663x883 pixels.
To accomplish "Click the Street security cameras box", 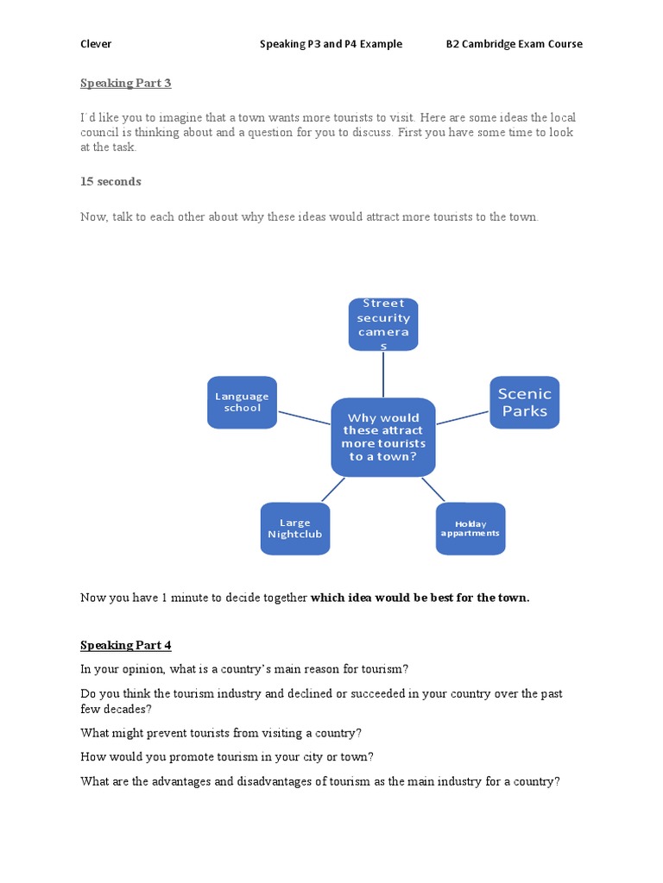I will click(x=383, y=324).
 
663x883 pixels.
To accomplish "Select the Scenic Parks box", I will click(x=524, y=402).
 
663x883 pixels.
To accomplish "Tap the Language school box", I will click(x=242, y=402).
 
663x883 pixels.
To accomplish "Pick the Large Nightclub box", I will click(x=294, y=529).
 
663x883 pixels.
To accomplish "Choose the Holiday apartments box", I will click(x=470, y=529).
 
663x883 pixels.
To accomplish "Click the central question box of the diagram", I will click(x=383, y=437).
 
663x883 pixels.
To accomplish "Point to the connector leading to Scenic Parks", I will click(x=464, y=417).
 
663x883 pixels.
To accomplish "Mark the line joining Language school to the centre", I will click(x=305, y=417).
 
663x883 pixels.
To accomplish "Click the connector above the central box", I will click(x=383, y=374).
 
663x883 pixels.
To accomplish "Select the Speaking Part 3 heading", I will click(x=126, y=83).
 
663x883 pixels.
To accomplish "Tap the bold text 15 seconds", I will click(x=110, y=181).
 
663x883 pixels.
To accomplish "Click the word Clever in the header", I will click(x=96, y=44).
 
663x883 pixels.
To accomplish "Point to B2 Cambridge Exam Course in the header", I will click(x=514, y=44).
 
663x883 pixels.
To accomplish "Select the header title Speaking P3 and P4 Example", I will click(x=331, y=44).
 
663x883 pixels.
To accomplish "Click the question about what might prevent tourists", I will click(x=221, y=733).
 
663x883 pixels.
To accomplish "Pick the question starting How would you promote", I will click(x=227, y=757).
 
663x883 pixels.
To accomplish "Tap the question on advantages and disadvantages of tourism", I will click(x=320, y=781).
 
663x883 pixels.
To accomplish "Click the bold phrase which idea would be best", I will click(x=420, y=598).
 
